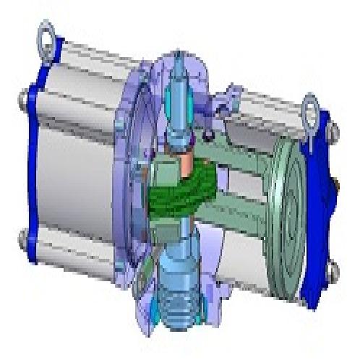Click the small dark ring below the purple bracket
pyautogui.click(x=208, y=134)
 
